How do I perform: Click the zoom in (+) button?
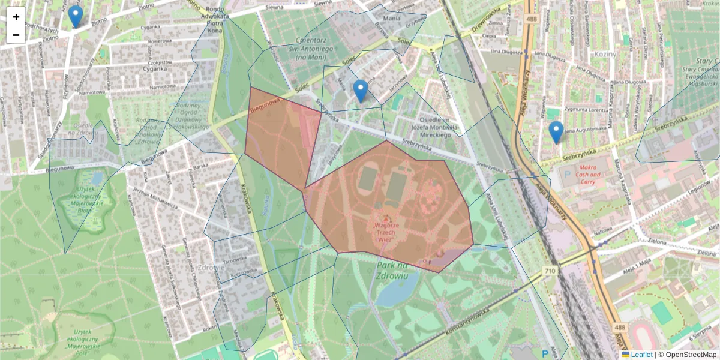(x=16, y=17)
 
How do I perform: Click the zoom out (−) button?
(x=16, y=35)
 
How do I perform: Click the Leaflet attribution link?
(x=641, y=355)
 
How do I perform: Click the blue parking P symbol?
(x=545, y=353)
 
